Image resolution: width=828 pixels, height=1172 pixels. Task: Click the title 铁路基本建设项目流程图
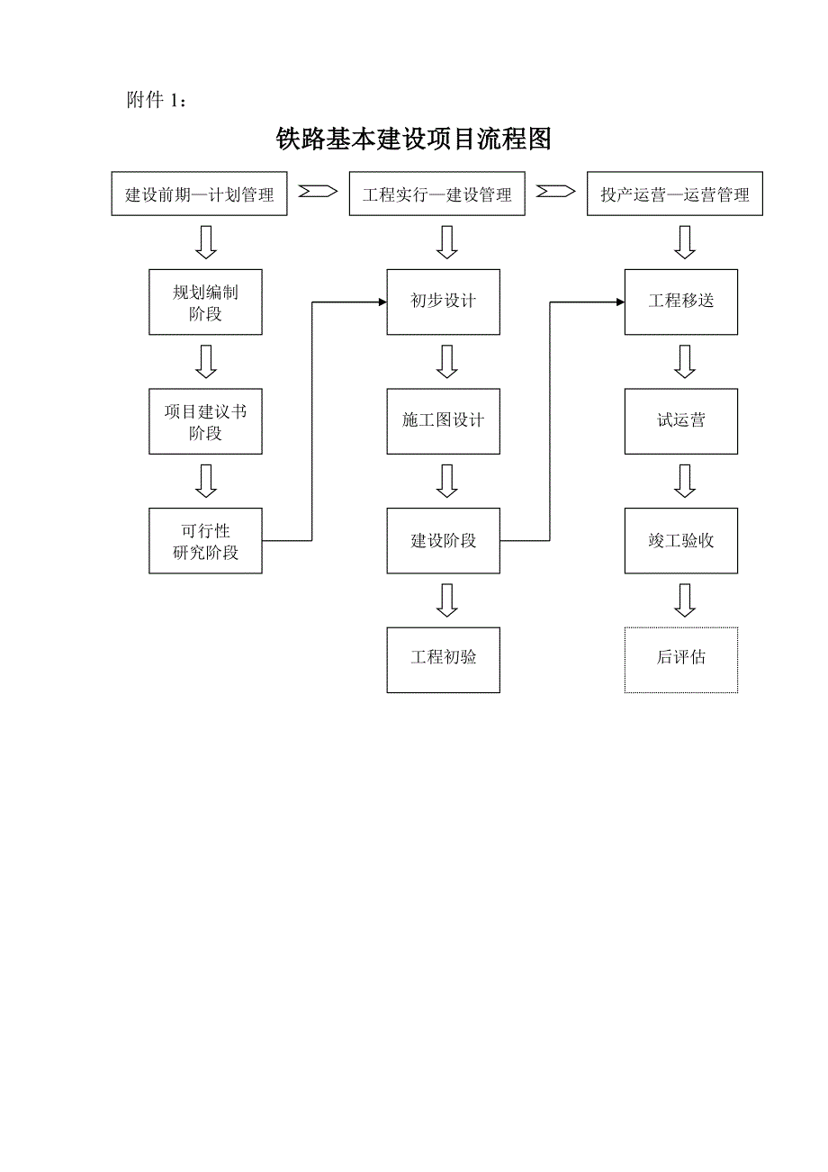pos(413,140)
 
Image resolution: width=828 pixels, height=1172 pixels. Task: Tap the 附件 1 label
pos(157,101)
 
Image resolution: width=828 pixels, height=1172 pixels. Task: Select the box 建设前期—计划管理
pos(199,194)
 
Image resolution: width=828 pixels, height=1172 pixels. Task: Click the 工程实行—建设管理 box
pos(436,194)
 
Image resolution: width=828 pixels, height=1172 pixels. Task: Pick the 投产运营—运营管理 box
pos(674,194)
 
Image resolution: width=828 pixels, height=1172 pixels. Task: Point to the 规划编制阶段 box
pos(205,302)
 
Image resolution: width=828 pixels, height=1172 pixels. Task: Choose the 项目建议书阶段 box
pos(205,421)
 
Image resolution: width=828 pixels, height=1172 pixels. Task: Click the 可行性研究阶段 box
pos(205,540)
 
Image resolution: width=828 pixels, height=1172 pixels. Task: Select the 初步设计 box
pos(443,302)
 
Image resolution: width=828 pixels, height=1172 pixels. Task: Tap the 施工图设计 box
pos(443,421)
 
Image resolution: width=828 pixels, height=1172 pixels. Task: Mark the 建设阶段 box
pos(443,540)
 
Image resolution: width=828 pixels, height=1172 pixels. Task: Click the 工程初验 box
pos(443,660)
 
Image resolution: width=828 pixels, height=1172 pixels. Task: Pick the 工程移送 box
pos(681,302)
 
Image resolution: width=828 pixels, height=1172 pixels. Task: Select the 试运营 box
pos(681,421)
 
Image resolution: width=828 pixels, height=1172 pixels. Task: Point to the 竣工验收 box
pos(681,540)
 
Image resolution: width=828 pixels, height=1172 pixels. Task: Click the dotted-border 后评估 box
pos(681,660)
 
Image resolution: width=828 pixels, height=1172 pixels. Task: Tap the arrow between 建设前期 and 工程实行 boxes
pos(318,192)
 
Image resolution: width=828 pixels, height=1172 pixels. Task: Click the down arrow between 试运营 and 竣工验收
pos(685,481)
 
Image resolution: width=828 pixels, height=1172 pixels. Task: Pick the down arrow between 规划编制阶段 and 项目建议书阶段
pos(207,361)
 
